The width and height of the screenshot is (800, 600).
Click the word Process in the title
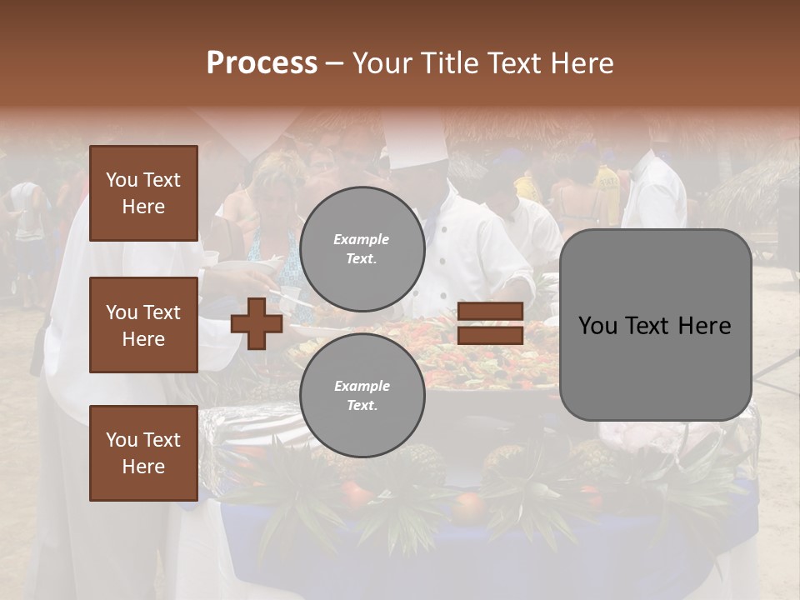click(x=262, y=63)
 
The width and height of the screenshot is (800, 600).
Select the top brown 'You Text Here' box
click(x=143, y=193)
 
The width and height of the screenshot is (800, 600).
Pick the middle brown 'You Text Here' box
click(x=143, y=325)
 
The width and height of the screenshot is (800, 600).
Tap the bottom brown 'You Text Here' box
click(x=143, y=452)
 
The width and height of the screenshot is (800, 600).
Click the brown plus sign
click(x=256, y=323)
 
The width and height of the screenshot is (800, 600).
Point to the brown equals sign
click(x=490, y=323)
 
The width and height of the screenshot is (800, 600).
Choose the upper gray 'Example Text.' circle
click(x=362, y=249)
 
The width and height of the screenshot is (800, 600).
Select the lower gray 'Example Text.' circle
click(x=362, y=395)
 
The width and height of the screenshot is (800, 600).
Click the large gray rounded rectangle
click(x=655, y=325)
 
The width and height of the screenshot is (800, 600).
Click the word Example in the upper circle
click(x=362, y=239)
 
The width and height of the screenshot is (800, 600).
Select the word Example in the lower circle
click(x=362, y=386)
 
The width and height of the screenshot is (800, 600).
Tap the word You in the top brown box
click(x=122, y=180)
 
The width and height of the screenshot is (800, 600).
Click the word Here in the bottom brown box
click(x=143, y=467)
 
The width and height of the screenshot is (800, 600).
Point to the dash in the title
click(x=335, y=63)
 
